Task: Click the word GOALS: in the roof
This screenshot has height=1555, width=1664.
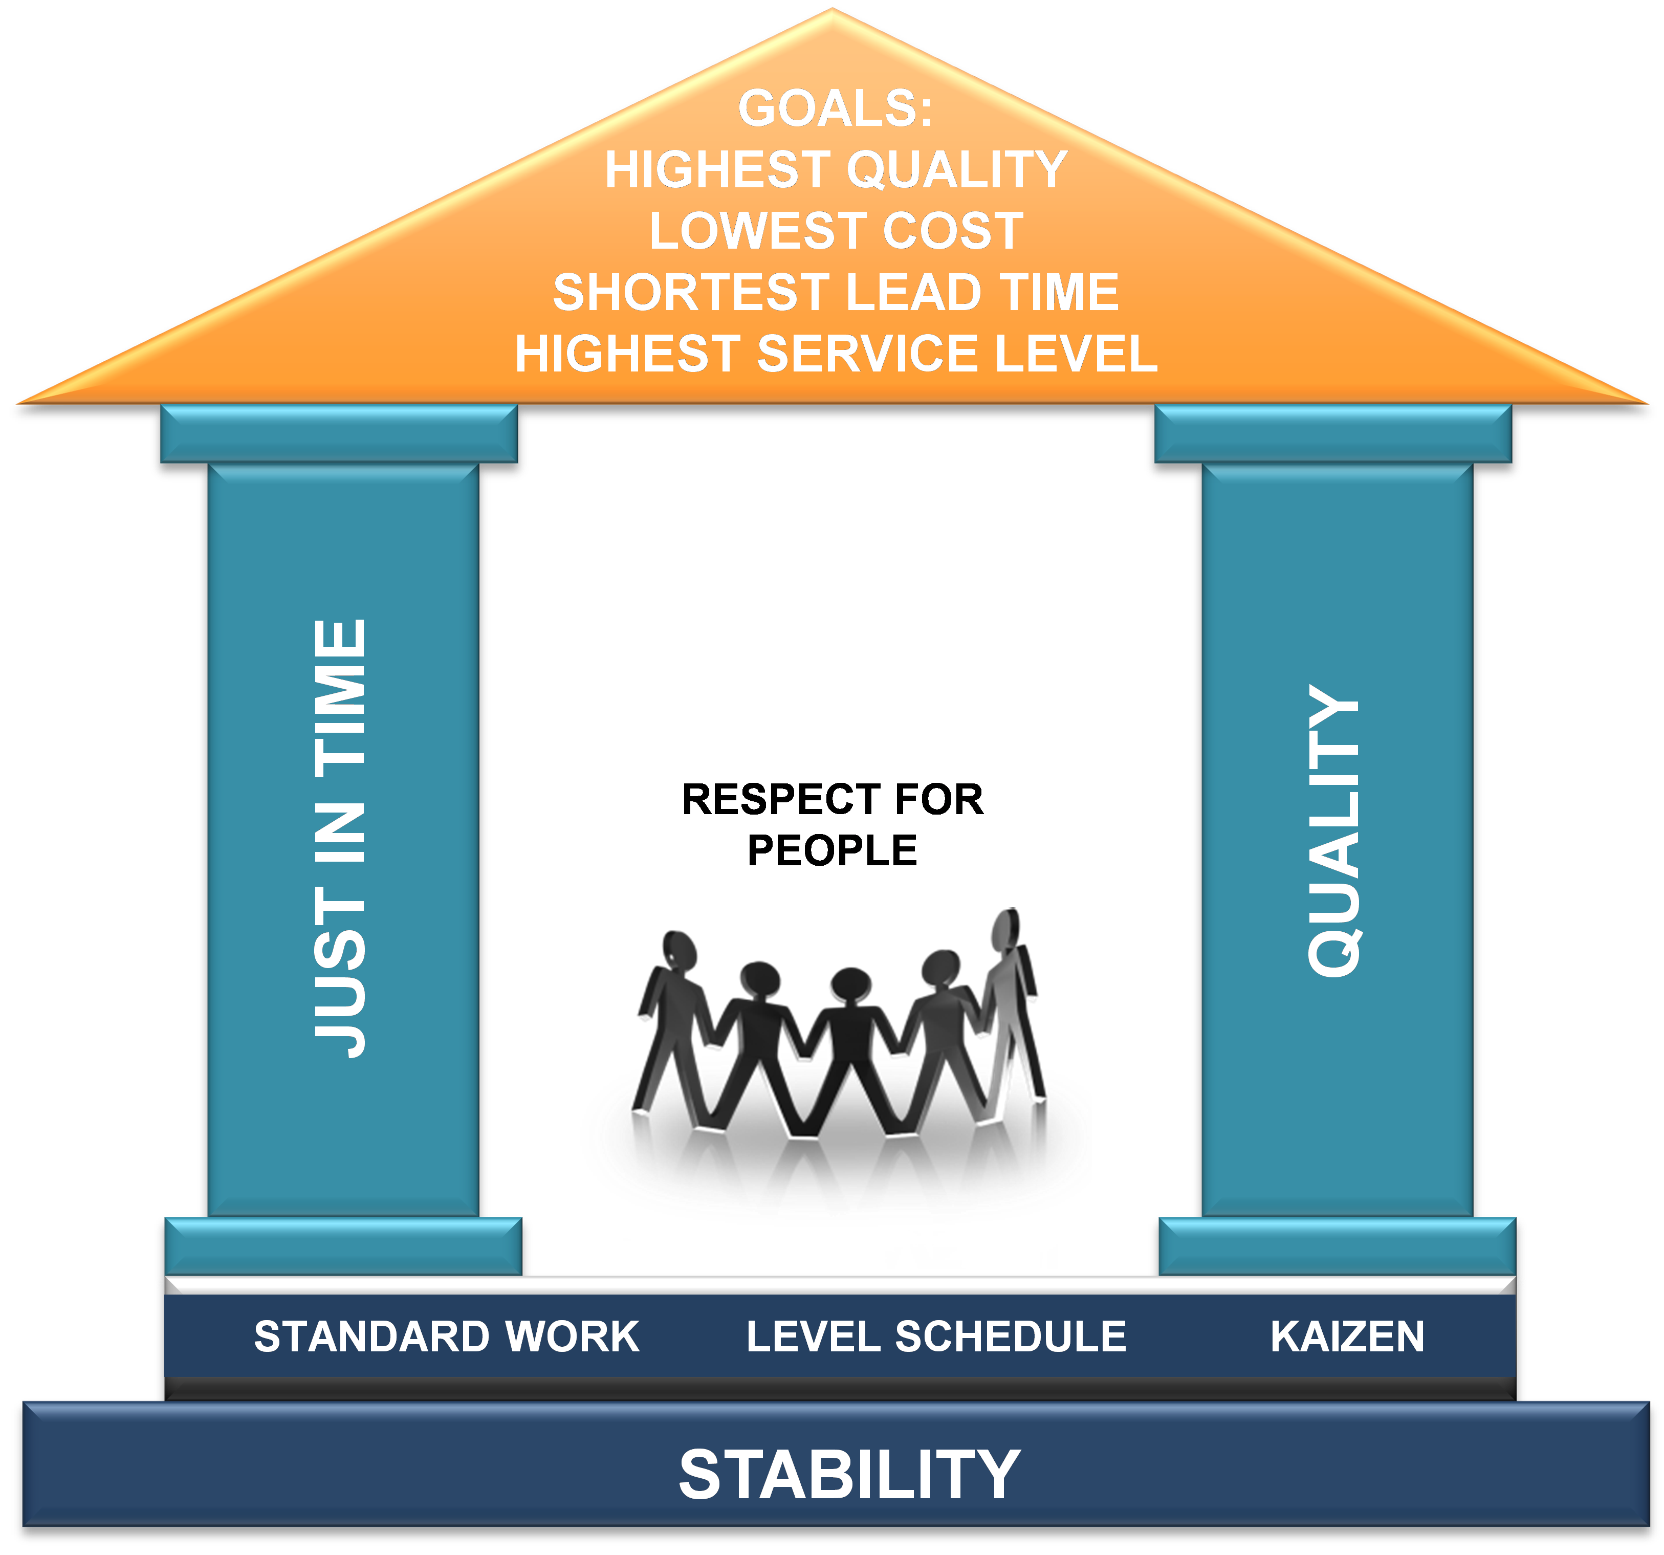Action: point(836,109)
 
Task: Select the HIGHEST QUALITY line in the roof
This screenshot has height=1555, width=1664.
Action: point(836,170)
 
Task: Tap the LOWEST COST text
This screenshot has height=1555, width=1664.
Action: point(836,231)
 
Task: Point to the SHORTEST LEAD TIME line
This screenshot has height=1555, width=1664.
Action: point(836,292)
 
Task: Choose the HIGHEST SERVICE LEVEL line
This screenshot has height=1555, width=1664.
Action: point(836,353)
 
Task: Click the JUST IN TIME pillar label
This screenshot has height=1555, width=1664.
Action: point(340,839)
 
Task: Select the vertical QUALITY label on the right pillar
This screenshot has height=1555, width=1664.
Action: point(1334,830)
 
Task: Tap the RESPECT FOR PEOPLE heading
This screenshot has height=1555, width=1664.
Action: point(833,824)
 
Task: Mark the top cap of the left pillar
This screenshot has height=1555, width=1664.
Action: point(339,433)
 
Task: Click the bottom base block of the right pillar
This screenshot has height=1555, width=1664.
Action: point(1337,1246)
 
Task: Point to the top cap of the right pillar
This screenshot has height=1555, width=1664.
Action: point(1332,433)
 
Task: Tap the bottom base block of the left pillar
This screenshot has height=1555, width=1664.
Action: point(343,1246)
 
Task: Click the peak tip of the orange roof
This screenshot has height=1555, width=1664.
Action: point(832,9)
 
